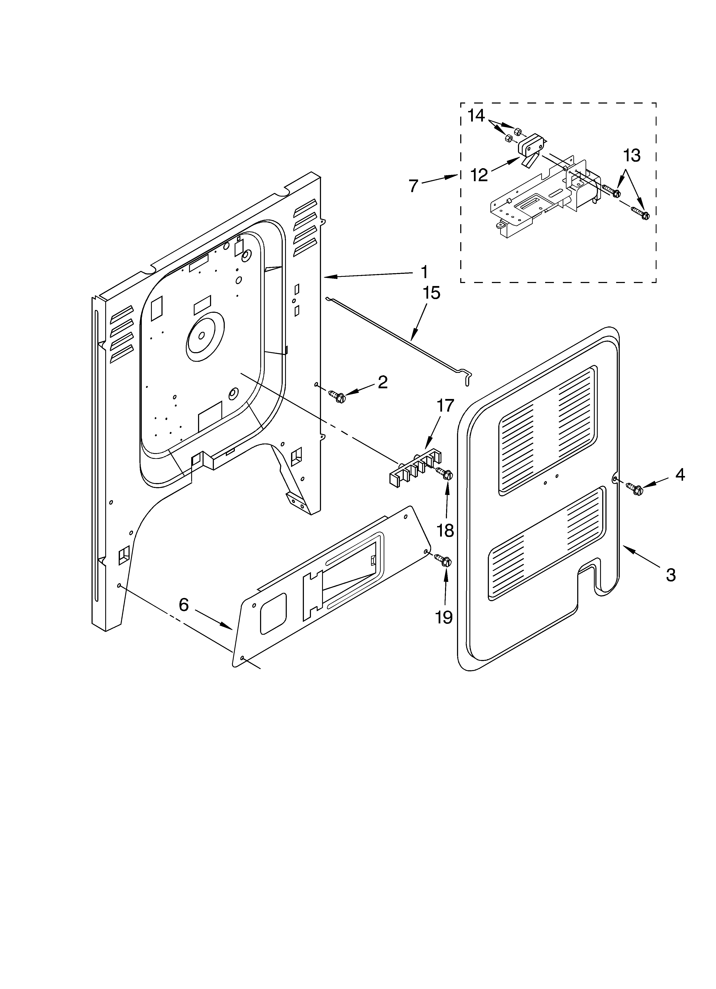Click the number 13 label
coord(631,156)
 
